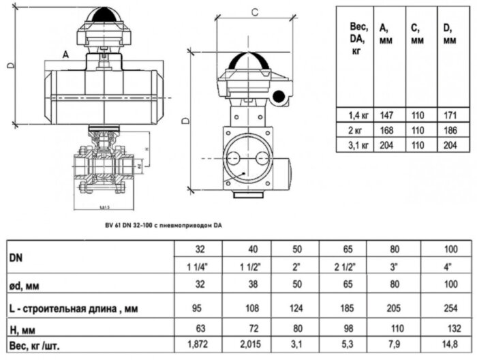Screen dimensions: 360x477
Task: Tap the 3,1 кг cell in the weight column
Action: pyautogui.click(x=358, y=145)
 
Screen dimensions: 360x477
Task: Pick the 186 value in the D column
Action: pyautogui.click(x=449, y=130)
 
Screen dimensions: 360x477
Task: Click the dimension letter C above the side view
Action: pyautogui.click(x=253, y=12)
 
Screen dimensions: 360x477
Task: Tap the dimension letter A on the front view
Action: pyautogui.click(x=65, y=53)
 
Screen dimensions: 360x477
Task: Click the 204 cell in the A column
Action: pyautogui.click(x=388, y=145)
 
